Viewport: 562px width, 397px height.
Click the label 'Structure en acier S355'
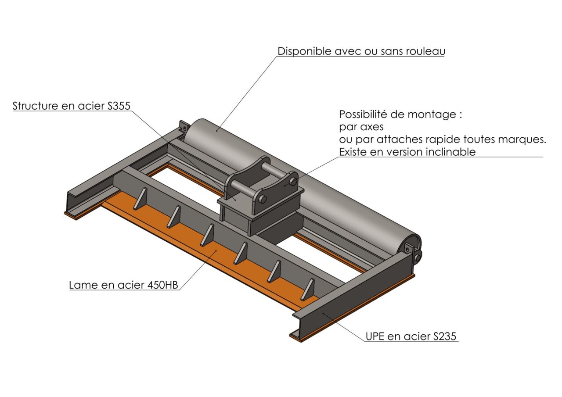click(x=72, y=106)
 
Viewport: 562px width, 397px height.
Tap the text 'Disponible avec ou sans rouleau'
click(x=361, y=51)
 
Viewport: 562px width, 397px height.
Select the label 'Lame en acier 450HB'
click(x=123, y=285)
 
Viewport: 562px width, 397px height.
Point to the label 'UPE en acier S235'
click(x=411, y=336)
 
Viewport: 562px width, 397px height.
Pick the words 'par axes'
click(x=361, y=127)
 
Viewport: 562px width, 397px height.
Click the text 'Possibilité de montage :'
click(x=400, y=114)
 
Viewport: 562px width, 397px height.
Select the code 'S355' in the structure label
click(x=119, y=106)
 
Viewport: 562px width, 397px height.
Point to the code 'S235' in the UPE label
click(x=445, y=336)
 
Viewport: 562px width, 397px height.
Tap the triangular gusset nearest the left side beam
click(x=140, y=198)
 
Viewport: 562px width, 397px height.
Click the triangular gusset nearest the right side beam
click(x=308, y=289)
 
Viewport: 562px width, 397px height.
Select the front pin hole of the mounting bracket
click(x=263, y=199)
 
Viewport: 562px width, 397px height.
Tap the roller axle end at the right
click(x=418, y=258)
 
